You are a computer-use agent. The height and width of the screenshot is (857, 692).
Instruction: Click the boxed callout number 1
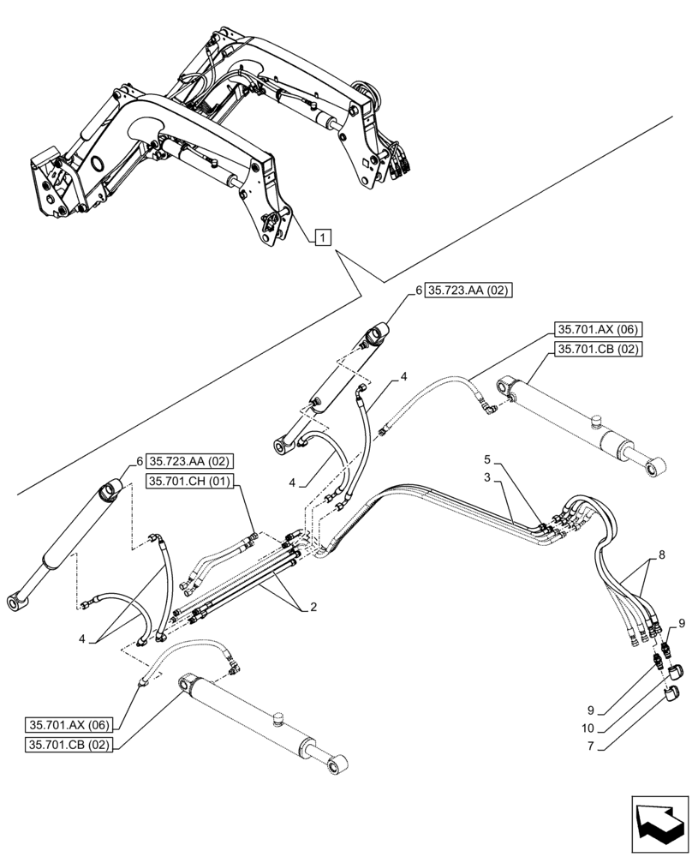point(321,237)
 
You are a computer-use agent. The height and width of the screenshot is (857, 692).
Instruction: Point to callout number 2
point(313,607)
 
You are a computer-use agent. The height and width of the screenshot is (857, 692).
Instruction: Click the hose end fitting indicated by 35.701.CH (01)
point(252,539)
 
